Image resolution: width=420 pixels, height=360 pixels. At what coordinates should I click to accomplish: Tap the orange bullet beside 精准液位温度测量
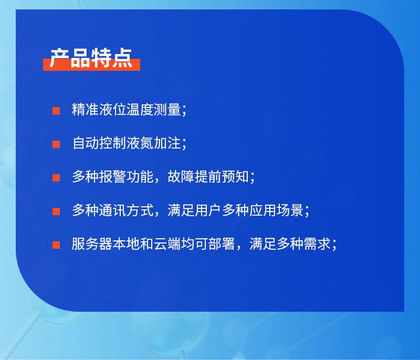click(x=56, y=111)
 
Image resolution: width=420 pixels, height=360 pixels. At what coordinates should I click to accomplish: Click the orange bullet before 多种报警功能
click(x=56, y=178)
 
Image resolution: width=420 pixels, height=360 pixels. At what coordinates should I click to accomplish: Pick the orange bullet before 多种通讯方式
click(x=56, y=211)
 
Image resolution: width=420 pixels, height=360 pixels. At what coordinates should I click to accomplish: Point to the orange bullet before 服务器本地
click(x=56, y=245)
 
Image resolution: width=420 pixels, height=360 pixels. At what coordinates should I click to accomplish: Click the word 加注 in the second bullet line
click(x=167, y=144)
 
